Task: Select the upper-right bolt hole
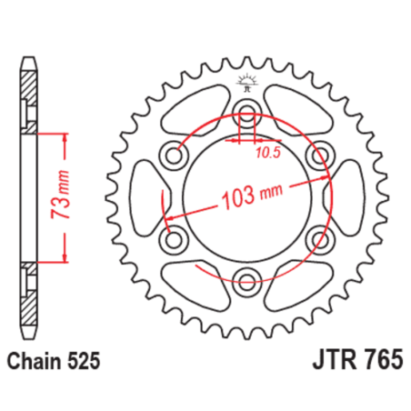[317, 155]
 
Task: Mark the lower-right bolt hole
[317, 238]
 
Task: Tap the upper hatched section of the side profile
[30, 95]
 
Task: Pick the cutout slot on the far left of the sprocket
[145, 197]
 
